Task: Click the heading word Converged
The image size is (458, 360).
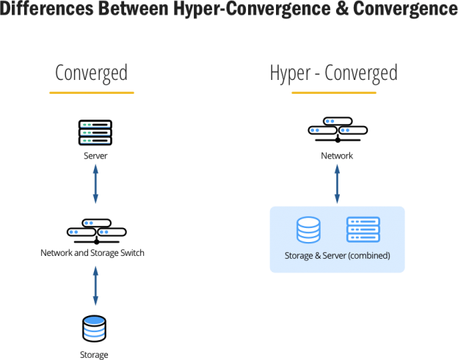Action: click(x=91, y=73)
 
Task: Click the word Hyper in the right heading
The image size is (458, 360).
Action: click(x=291, y=73)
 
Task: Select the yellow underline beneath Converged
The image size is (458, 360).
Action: click(x=91, y=93)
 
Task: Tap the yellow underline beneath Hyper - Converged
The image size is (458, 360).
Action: click(x=333, y=93)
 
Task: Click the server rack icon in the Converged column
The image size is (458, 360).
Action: click(x=95, y=133)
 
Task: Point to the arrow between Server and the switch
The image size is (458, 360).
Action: click(x=95, y=185)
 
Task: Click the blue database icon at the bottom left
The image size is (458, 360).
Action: click(x=95, y=328)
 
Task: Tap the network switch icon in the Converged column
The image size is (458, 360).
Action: click(x=95, y=230)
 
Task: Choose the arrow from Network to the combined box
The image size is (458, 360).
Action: click(x=337, y=185)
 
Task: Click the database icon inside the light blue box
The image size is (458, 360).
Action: click(x=308, y=229)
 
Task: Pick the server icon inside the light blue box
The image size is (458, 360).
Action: click(x=363, y=229)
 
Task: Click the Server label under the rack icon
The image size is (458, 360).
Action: click(x=95, y=155)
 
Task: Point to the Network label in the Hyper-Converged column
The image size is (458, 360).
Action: click(x=337, y=155)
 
